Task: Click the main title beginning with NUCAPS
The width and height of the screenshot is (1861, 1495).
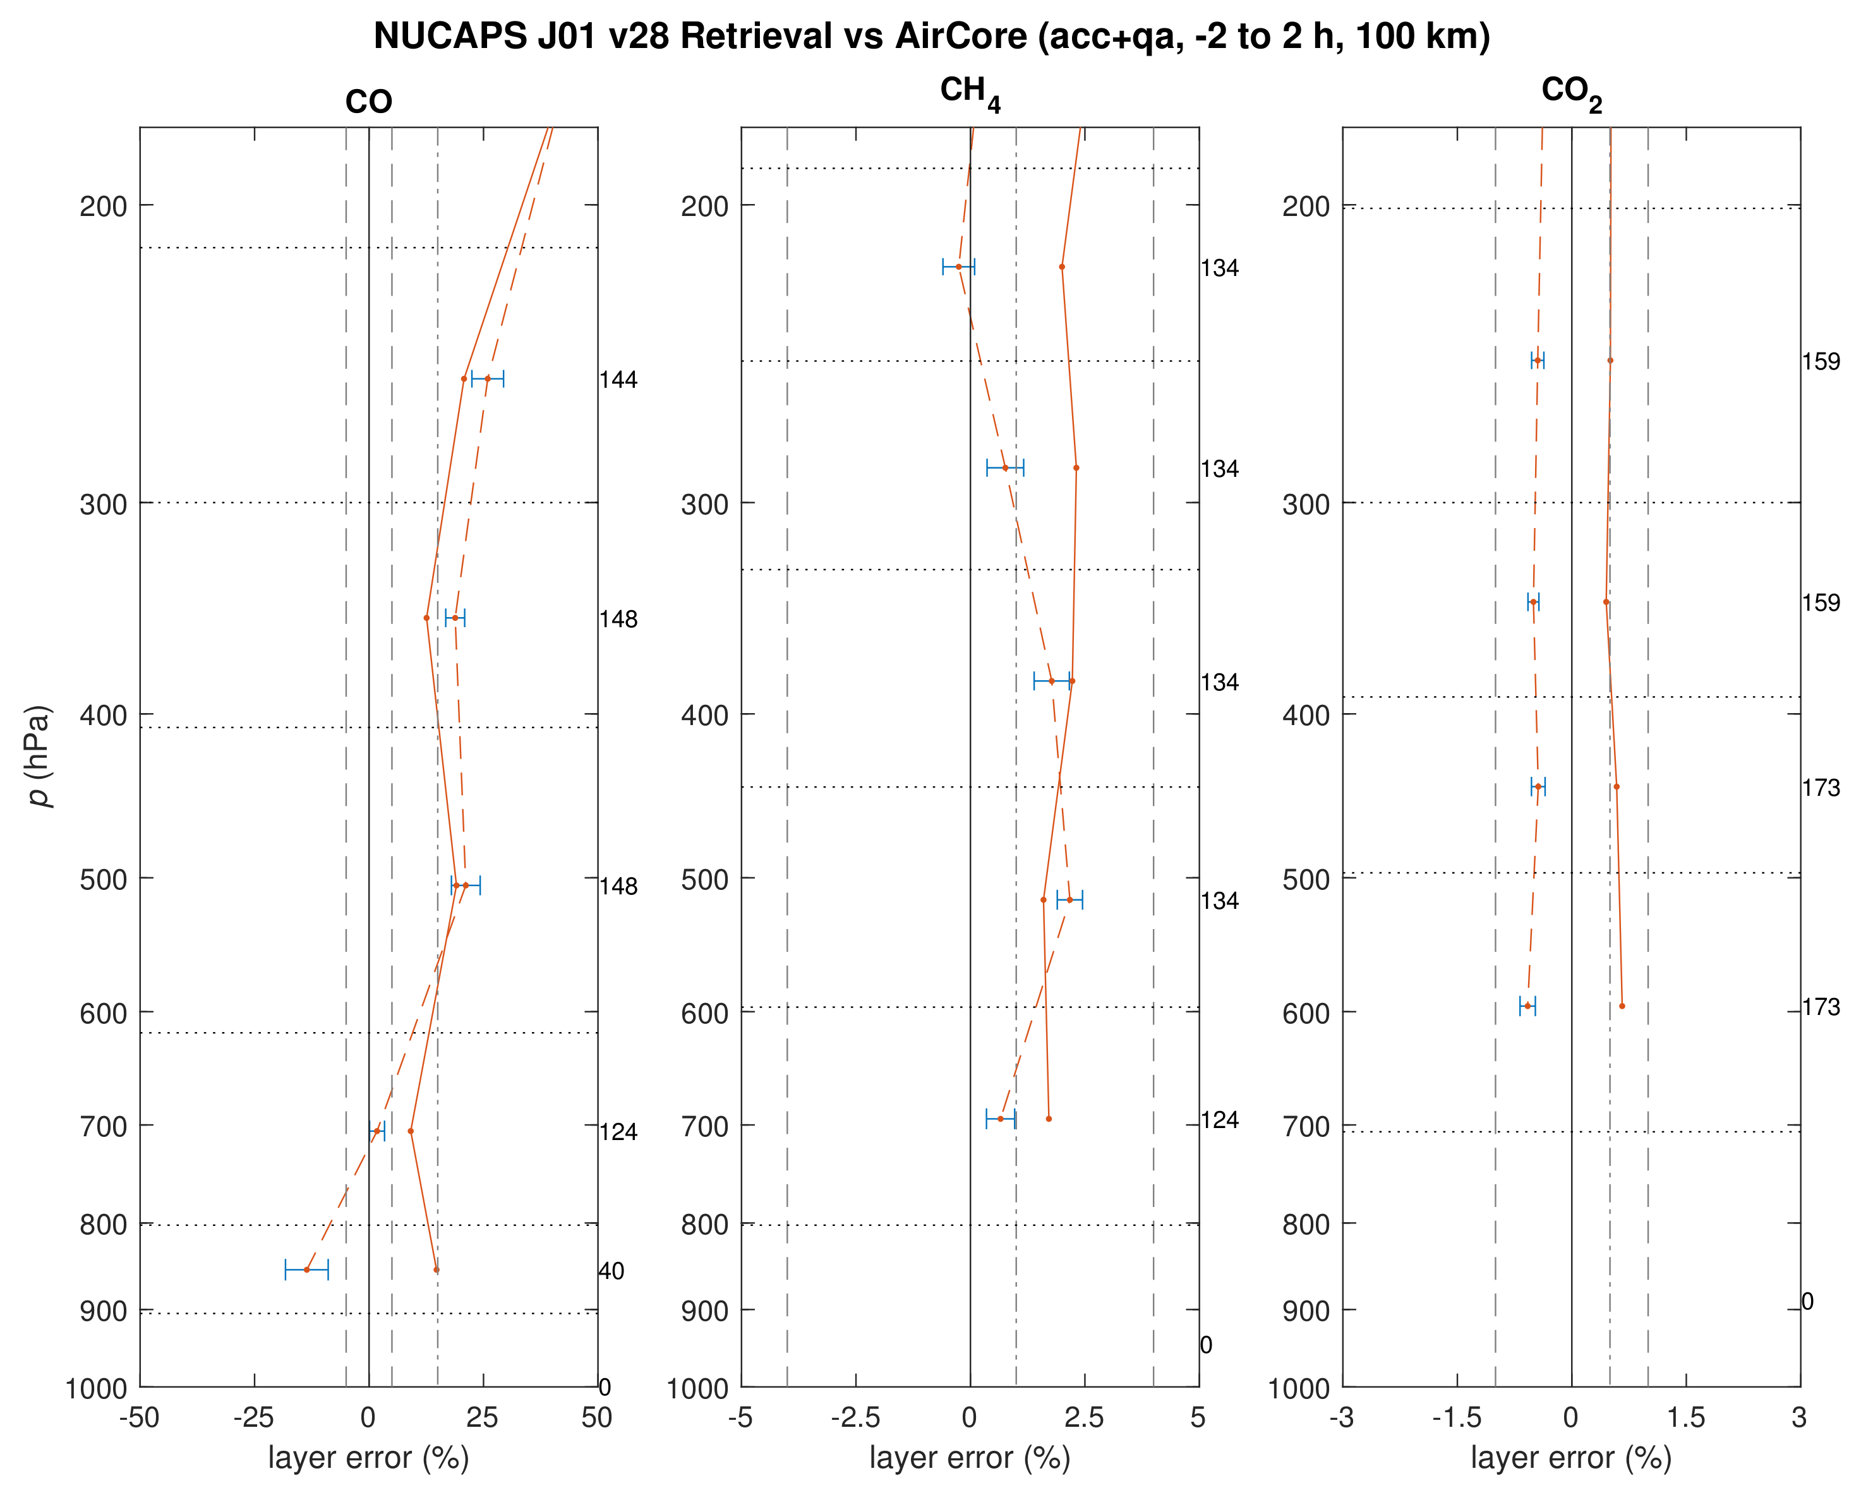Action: click(x=931, y=36)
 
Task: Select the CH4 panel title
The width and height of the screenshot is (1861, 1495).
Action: click(x=969, y=93)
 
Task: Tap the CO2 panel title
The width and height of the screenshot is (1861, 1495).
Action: click(x=1571, y=93)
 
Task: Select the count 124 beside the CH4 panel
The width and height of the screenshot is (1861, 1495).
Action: click(x=1219, y=1120)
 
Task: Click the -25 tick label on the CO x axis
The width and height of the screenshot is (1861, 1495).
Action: click(x=254, y=1417)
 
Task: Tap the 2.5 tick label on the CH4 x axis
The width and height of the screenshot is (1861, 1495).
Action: click(x=1084, y=1417)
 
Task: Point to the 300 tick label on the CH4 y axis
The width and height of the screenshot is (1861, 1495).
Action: click(x=704, y=504)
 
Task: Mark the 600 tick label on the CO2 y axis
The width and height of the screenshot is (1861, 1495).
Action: click(x=1306, y=1013)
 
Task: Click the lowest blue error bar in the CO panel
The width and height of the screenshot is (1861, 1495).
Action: click(x=306, y=1270)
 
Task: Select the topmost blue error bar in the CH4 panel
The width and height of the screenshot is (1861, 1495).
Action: click(x=958, y=267)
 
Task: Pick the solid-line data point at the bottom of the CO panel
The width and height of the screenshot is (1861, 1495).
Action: click(x=437, y=1270)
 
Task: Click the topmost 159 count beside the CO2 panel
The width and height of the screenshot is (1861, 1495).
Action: click(x=1821, y=362)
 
